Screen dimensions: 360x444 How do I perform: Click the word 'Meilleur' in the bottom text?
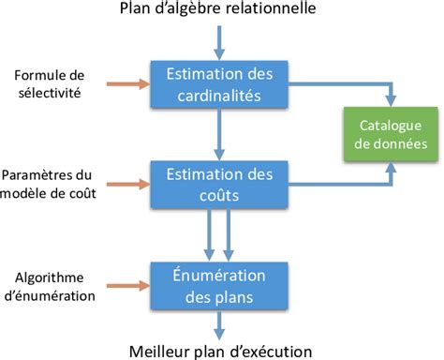pos(155,350)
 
